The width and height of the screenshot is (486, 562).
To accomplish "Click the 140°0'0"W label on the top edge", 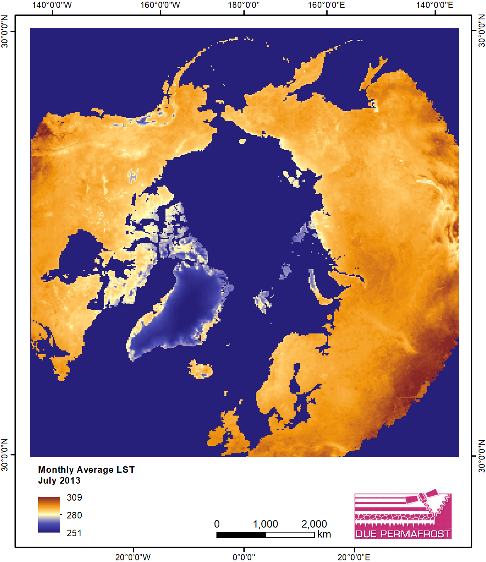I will (52, 5).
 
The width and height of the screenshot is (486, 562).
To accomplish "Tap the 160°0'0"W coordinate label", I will (160, 5).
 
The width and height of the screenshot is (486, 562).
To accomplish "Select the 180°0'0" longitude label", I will (244, 5).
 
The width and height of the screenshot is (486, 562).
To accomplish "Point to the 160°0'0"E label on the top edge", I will (326, 5).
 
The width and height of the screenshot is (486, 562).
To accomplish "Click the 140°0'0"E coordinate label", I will (435, 5).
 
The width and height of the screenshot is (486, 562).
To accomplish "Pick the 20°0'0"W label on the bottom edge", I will (133, 557).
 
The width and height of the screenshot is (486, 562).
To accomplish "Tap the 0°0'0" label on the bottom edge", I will (244, 557).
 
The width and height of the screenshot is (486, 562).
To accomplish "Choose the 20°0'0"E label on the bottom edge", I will (354, 557).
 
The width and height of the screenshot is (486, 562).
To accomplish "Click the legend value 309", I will (74, 497).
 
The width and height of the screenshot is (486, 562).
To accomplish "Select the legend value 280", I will (74, 515).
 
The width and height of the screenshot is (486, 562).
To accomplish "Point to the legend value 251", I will (74, 533).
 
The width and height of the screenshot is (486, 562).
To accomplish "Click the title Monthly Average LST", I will (86, 470).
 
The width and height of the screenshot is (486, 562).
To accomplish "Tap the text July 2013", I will (59, 480).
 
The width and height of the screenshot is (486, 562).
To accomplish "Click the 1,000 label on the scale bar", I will (265, 524).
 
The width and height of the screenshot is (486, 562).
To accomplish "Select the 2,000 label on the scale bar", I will (314, 524).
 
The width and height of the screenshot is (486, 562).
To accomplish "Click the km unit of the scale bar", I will (324, 534).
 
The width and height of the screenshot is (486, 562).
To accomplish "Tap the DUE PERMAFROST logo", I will (403, 516).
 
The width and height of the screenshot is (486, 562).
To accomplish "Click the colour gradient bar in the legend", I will (49, 515).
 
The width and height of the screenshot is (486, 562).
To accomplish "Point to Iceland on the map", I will (201, 369).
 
